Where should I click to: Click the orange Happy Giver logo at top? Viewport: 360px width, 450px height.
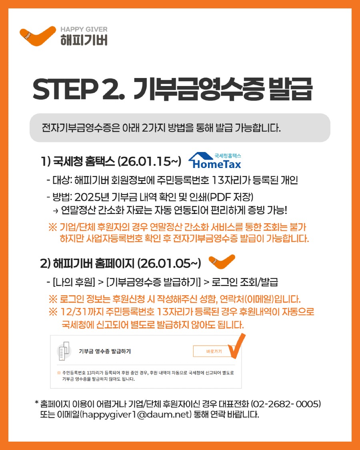click(38, 36)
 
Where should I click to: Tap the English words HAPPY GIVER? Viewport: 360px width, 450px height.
click(84, 30)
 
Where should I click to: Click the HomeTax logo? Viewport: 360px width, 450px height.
click(216, 161)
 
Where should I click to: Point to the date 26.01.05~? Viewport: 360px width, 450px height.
click(168, 264)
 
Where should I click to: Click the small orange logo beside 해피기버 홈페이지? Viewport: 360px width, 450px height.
click(222, 262)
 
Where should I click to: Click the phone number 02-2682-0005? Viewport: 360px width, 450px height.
click(287, 404)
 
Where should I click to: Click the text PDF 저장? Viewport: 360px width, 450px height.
click(237, 198)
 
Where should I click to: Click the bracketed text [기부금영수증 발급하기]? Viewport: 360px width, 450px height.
click(153, 282)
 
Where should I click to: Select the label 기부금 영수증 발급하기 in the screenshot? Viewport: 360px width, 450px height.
click(105, 351)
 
